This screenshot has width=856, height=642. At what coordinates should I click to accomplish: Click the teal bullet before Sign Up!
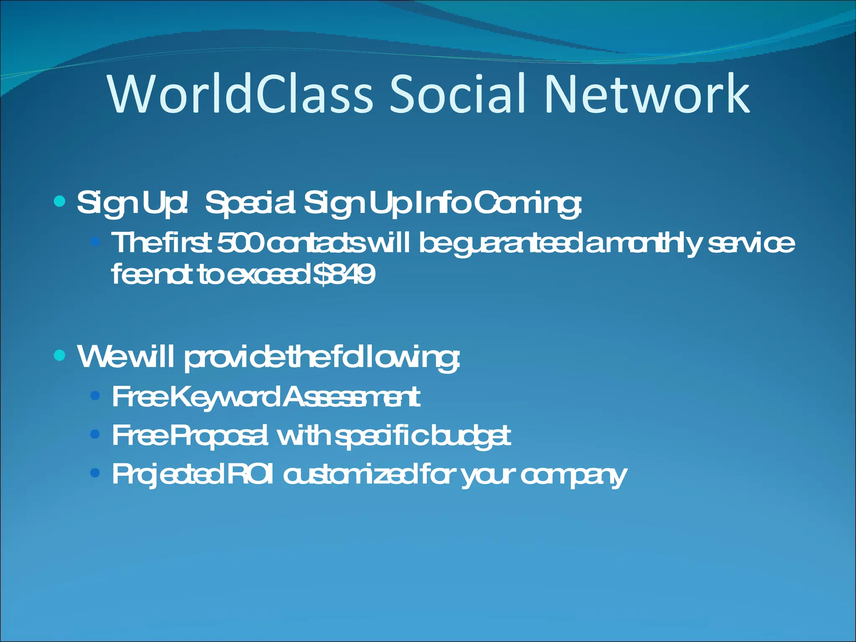(x=60, y=202)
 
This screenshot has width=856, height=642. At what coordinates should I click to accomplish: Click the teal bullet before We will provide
(x=60, y=356)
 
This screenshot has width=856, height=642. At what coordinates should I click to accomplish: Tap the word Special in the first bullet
(x=251, y=204)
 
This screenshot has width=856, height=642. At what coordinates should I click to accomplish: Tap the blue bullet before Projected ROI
(x=95, y=473)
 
